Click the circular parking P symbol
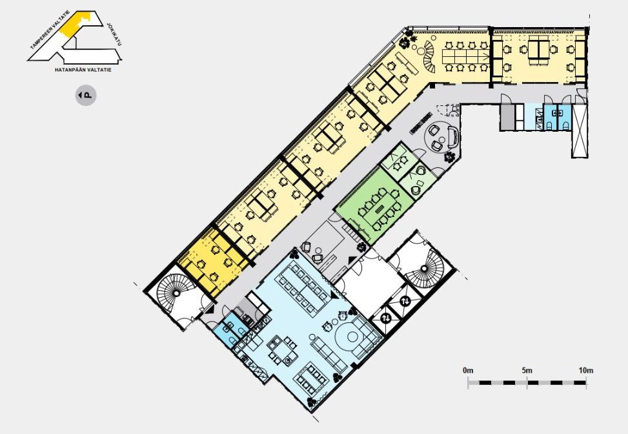click(86, 96)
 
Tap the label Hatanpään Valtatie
click(83, 70)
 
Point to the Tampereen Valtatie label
click(50, 30)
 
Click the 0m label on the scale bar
click(468, 370)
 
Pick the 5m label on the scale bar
click(527, 370)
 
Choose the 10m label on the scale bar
click(586, 370)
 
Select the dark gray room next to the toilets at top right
click(507, 117)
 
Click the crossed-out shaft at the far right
click(579, 130)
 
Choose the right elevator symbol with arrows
click(405, 300)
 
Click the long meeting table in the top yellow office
click(466, 58)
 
